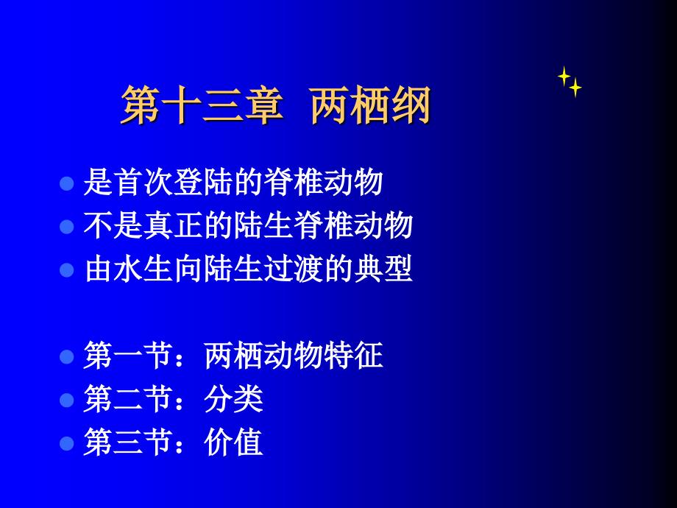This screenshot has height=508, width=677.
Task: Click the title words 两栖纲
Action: pyautogui.click(x=370, y=105)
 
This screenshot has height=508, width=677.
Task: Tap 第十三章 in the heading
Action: pyautogui.click(x=202, y=105)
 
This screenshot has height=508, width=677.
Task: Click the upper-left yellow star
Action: pyautogui.click(x=564, y=76)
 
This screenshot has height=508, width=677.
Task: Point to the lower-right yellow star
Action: pyautogui.click(x=575, y=88)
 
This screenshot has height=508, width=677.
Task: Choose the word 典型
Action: pyautogui.click(x=383, y=269)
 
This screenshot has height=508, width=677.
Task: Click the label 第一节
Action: pyautogui.click(x=128, y=356)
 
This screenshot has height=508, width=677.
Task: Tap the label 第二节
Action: pyautogui.click(x=128, y=399)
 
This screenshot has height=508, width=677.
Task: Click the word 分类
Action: pyautogui.click(x=233, y=399)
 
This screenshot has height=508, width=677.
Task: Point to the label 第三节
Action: pyautogui.click(x=128, y=442)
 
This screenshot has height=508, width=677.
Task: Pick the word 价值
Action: pyautogui.click(x=233, y=442)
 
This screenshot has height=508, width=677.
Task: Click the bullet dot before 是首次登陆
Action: pyautogui.click(x=67, y=183)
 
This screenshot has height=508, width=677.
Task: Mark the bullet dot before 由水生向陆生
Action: pyautogui.click(x=67, y=270)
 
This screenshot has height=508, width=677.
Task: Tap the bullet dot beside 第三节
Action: pyautogui.click(x=67, y=444)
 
